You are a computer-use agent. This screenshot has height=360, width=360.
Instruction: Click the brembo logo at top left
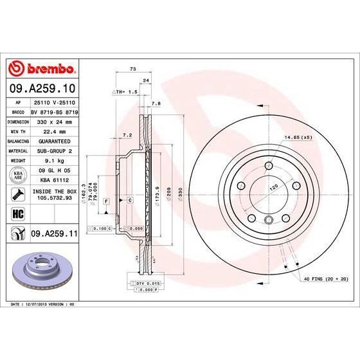(x=41, y=69)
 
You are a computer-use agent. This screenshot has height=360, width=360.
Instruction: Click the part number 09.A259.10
(x=41, y=88)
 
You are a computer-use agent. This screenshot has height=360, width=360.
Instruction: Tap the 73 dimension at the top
(x=133, y=68)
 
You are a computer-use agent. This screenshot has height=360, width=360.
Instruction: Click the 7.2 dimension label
(x=127, y=136)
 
